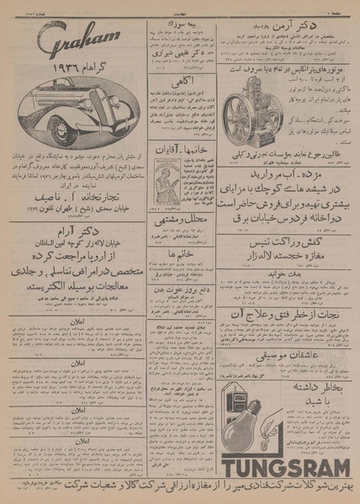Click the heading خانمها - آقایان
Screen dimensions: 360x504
180,147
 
